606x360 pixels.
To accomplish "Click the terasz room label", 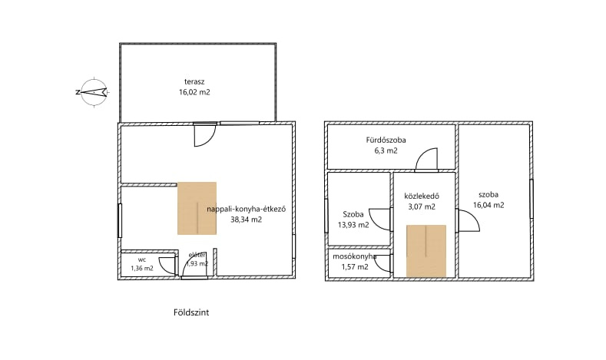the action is [194, 82].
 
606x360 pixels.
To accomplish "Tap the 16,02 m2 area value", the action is [194, 92].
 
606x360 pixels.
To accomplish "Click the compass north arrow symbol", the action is [93, 92].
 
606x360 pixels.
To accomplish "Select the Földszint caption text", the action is [191, 312].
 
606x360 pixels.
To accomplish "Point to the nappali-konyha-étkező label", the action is [247, 210].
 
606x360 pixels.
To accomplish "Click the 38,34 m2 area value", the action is [247, 220].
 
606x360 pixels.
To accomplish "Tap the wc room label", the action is [142, 259].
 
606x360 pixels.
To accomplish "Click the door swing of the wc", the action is [167, 265].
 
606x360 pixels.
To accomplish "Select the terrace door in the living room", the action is [204, 135].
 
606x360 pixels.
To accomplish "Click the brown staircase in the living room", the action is [197, 208].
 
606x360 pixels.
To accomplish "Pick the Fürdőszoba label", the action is [386, 140].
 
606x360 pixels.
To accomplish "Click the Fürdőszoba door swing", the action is [427, 159].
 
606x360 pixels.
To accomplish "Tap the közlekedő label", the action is [422, 197].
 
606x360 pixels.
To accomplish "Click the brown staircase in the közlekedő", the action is [426, 251].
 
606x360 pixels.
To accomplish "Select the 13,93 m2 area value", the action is [353, 225].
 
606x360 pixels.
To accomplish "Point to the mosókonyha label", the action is [355, 256].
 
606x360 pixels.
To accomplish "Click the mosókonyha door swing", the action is [383, 263].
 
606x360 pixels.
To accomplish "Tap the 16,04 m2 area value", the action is [488, 205].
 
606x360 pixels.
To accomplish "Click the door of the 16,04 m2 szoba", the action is [469, 220].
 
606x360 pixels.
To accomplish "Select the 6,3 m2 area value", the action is [386, 151].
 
